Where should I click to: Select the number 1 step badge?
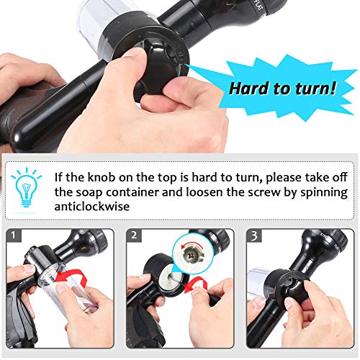14,235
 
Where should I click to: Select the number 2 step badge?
134,235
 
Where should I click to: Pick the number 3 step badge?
254,235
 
